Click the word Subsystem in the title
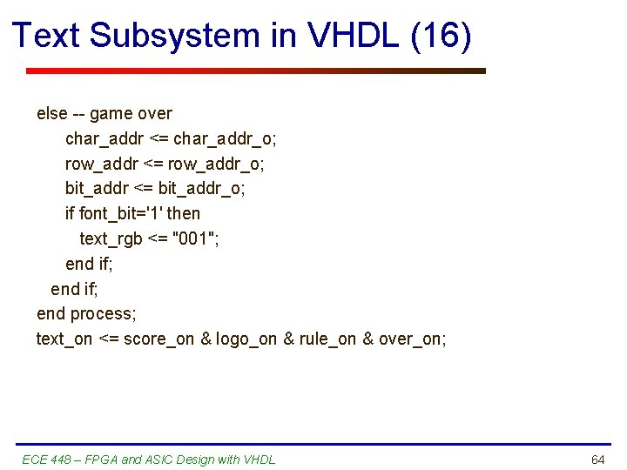pyautogui.click(x=175, y=36)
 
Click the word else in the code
pyautogui.click(x=51, y=113)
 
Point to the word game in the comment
pyautogui.click(x=111, y=113)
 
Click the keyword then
pyautogui.click(x=183, y=213)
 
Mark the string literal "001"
pyautogui.click(x=196, y=238)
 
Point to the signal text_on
pyautogui.click(x=64, y=339)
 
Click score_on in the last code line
pyautogui.click(x=159, y=339)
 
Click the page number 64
pyautogui.click(x=597, y=460)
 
